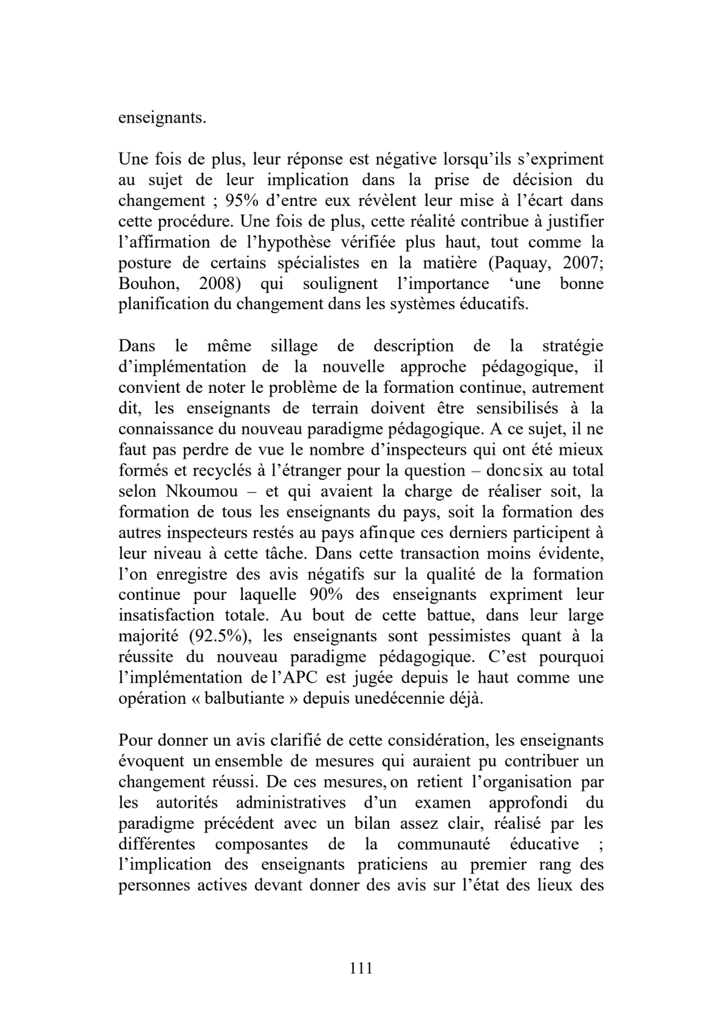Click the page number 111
coord(361,968)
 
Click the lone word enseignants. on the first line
coord(162,117)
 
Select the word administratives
coord(290,802)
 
